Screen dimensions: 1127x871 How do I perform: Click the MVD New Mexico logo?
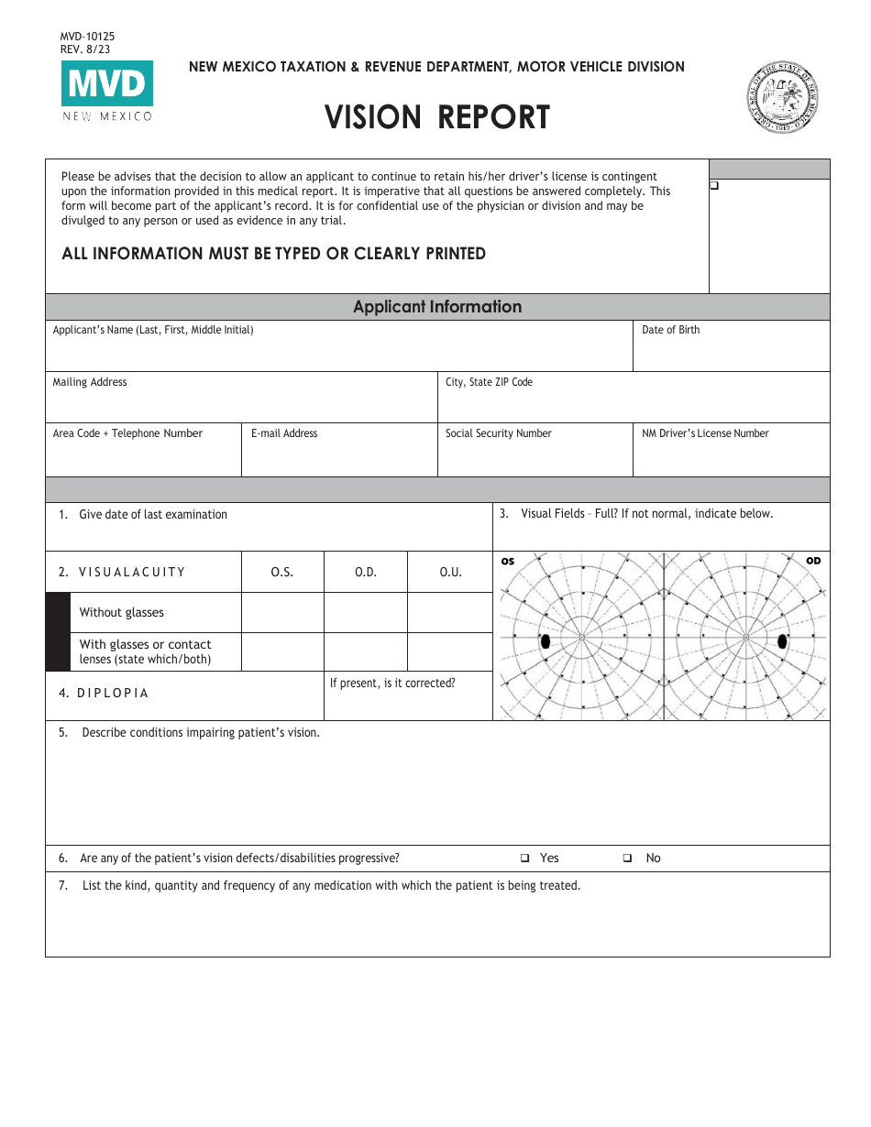pos(107,91)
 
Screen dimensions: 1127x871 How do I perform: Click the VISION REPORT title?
pos(437,117)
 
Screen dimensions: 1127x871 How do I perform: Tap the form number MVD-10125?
pos(87,37)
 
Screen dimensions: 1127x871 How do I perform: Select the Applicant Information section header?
pos(437,307)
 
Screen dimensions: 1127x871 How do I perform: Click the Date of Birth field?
pos(731,353)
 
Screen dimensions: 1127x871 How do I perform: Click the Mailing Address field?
pos(241,403)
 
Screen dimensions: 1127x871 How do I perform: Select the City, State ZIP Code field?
pos(633,403)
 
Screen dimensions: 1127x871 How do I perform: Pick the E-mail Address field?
pos(339,455)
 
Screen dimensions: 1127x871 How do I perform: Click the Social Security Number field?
pos(535,455)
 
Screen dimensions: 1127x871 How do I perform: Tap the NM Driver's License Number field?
pos(731,455)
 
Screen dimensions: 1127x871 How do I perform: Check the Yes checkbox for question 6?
pos(525,859)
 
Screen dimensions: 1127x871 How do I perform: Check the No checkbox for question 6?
pos(628,859)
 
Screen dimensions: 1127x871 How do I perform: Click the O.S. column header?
pos(282,572)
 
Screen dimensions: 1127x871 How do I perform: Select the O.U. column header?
pos(450,572)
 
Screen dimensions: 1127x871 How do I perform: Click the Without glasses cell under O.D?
pos(365,612)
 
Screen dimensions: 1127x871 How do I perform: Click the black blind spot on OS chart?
pos(546,641)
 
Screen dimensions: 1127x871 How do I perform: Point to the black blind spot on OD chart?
pos(782,641)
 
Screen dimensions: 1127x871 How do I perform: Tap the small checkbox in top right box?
pos(714,185)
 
